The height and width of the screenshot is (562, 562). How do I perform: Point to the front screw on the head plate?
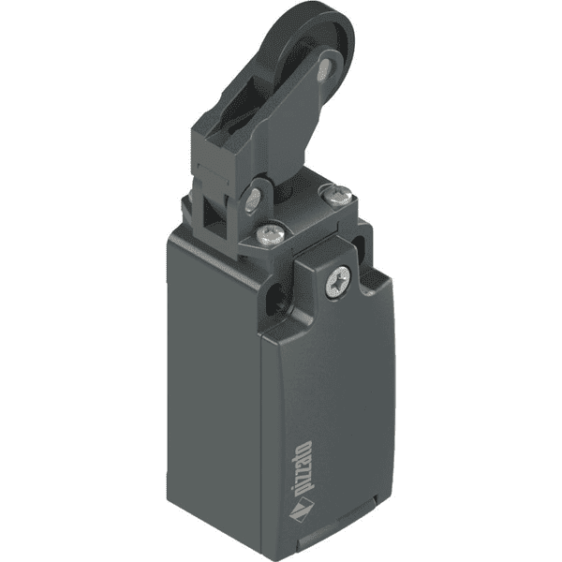pos(273,230)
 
